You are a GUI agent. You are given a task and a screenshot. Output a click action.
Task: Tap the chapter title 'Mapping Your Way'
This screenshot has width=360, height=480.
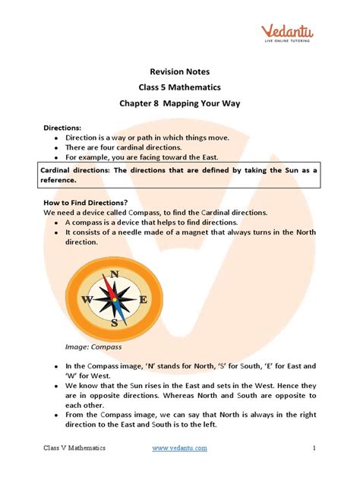point(214,105)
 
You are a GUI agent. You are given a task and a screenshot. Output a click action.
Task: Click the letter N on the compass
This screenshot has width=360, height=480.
point(114,274)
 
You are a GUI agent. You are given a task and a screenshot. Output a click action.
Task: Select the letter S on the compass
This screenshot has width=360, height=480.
point(114,323)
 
